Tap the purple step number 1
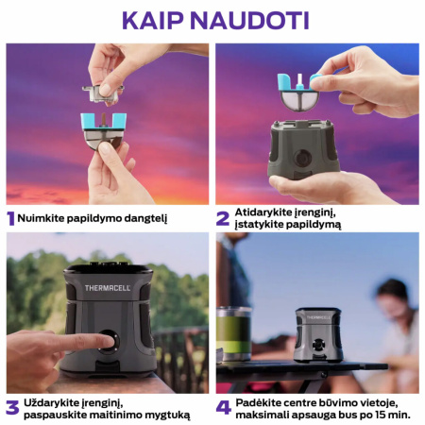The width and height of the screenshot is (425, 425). coord(10,218)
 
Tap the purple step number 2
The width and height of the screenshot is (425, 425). coord(223,218)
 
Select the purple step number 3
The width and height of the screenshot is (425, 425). coord(11,408)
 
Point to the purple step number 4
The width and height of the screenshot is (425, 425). coord(224,408)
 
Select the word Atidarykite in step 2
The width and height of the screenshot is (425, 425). coord(267,212)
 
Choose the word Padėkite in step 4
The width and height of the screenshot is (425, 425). coord(262,401)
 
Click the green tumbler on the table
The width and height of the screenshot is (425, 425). coord(232,336)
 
